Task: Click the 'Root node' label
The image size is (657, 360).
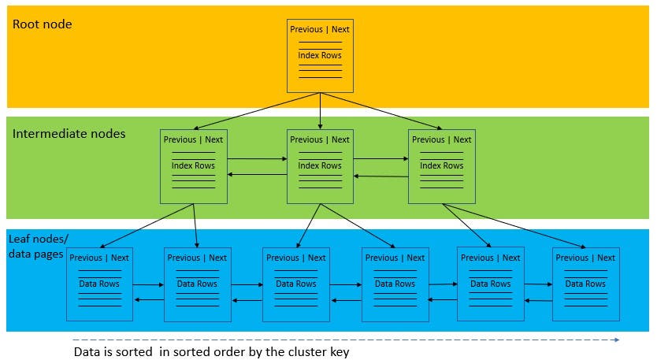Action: click(x=42, y=24)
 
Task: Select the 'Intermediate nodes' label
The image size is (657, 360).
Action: click(x=69, y=134)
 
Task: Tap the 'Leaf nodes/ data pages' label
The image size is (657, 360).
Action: click(x=36, y=246)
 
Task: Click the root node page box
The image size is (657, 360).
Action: click(x=320, y=55)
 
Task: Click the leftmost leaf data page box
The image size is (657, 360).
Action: click(x=98, y=284)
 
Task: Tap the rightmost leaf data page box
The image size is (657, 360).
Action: click(x=585, y=284)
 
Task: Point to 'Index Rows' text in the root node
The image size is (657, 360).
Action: click(x=320, y=55)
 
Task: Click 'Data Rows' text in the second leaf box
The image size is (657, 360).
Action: click(x=197, y=284)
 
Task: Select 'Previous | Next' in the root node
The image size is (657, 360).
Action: click(x=320, y=29)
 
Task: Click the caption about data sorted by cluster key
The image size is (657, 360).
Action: click(x=210, y=351)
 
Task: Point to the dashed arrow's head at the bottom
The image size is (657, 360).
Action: click(x=617, y=340)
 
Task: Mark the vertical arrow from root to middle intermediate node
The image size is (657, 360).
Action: click(x=320, y=110)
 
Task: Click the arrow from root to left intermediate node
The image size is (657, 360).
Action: click(x=256, y=110)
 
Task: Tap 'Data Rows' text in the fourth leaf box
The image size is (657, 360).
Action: click(x=395, y=284)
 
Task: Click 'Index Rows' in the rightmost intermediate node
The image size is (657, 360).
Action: click(x=441, y=165)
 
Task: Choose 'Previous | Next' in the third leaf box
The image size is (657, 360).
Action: click(x=295, y=258)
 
